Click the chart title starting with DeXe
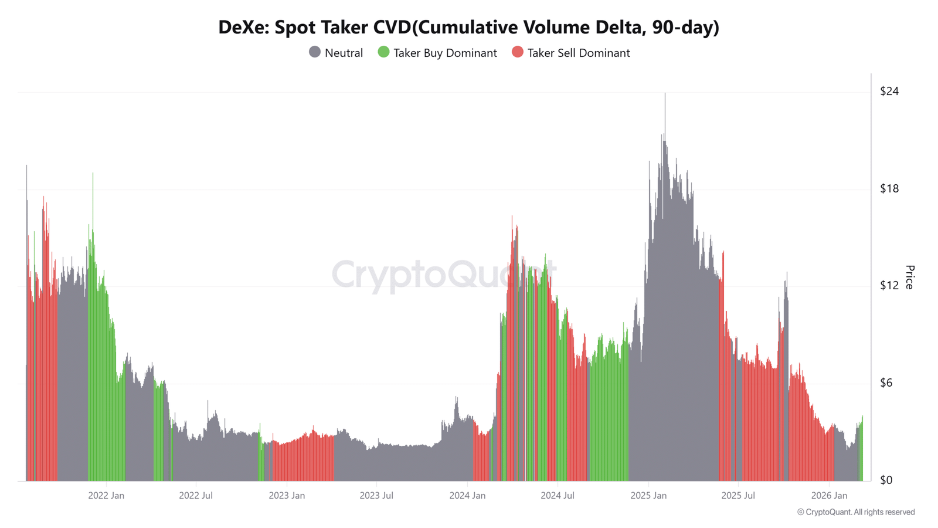[x=468, y=27]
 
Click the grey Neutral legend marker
[x=315, y=52]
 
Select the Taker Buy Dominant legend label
[x=445, y=53]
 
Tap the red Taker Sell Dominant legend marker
[x=517, y=52]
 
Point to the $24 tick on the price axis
[x=889, y=91]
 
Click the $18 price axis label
[x=889, y=188]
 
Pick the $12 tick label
[x=889, y=285]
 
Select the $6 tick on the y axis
[x=889, y=383]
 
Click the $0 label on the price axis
[x=886, y=480]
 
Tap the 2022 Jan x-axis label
[x=106, y=496]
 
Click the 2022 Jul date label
[x=196, y=496]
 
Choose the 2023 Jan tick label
[x=287, y=496]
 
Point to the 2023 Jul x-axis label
[x=376, y=496]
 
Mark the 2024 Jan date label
[x=467, y=496]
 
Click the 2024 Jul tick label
[x=557, y=496]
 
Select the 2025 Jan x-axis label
[x=648, y=496]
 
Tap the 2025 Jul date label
[x=738, y=496]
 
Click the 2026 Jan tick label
[x=829, y=496]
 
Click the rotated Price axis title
[x=909, y=277]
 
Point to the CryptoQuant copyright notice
[x=856, y=512]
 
